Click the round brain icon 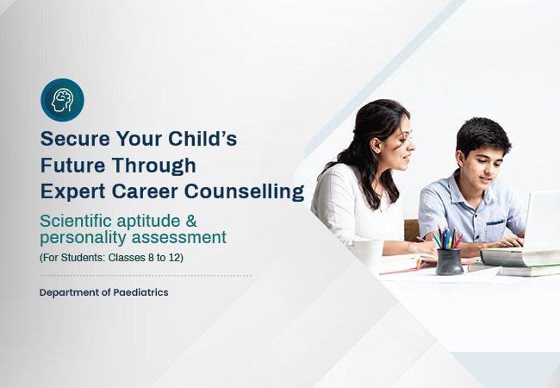(62, 100)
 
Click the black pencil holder (448, 260)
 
